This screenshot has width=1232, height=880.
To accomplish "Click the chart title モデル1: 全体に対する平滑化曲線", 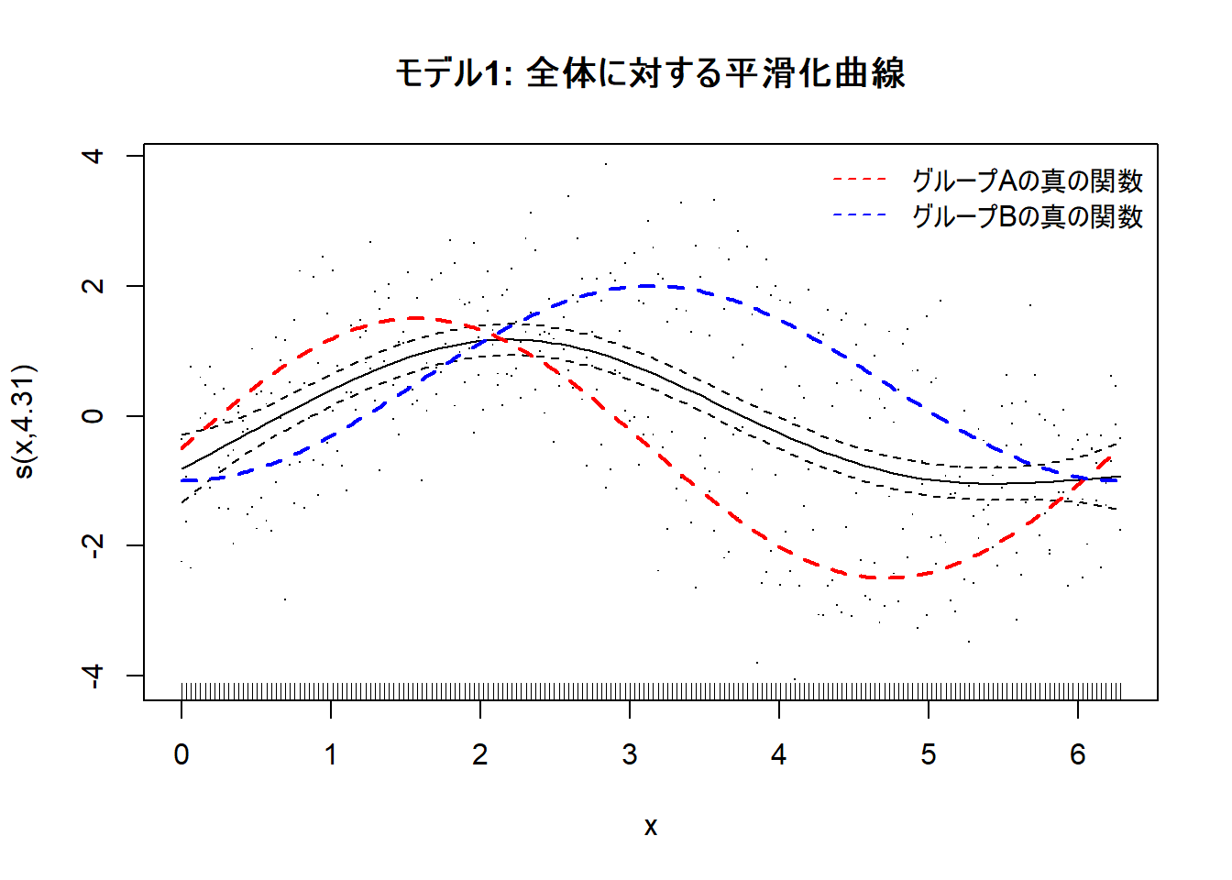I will point(650,73).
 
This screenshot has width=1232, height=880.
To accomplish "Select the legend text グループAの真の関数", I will point(1027,181).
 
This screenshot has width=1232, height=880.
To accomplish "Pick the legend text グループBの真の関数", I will point(1027,216).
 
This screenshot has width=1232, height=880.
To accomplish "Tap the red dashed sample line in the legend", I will point(860,180).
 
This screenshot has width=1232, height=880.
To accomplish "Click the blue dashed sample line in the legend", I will point(860,215).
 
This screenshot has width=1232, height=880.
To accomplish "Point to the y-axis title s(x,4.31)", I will point(25,422).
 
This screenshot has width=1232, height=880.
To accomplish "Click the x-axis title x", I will point(651,827).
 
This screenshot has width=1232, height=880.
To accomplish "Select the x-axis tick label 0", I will point(181,754).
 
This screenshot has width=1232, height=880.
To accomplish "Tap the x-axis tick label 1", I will point(331,754).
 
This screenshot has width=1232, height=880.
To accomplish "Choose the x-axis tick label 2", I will point(480,754).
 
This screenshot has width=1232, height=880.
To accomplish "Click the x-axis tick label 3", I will point(630,754).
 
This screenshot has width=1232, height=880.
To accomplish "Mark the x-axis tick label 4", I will point(779,754).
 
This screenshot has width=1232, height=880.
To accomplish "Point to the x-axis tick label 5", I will point(929,754).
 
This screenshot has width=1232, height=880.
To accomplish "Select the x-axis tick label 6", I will point(1078,754).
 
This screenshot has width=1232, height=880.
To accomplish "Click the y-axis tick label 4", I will point(93,156).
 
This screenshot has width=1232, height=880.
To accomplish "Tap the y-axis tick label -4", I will point(93,675).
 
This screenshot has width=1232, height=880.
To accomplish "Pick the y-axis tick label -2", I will point(93,545).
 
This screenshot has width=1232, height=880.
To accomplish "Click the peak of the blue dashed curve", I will point(650,286).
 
